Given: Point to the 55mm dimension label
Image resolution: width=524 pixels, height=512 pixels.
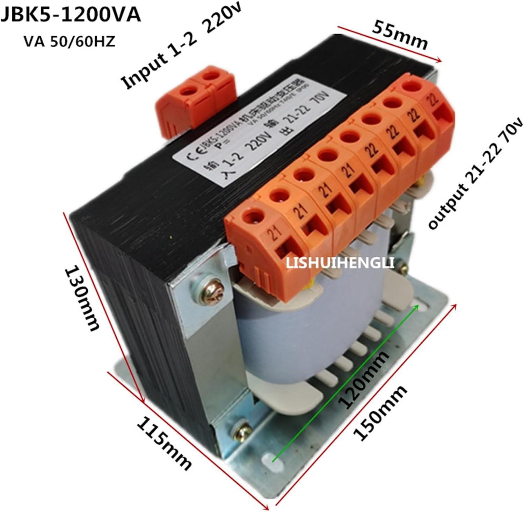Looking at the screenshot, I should [x=400, y=35].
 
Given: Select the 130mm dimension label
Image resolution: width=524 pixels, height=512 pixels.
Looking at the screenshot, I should [x=82, y=299].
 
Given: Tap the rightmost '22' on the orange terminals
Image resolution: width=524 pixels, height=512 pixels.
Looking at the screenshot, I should [x=434, y=100].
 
